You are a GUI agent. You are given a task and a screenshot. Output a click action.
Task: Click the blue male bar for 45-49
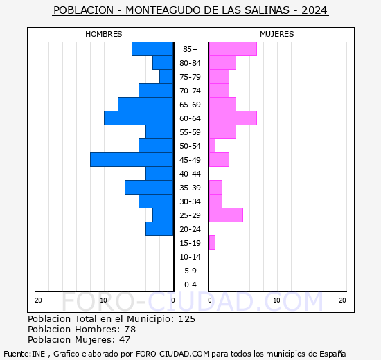(132, 160)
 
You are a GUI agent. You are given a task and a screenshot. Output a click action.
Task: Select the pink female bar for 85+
(233, 49)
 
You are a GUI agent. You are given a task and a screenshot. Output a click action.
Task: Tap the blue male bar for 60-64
(139, 118)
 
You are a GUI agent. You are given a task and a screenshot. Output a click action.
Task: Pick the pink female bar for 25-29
(226, 215)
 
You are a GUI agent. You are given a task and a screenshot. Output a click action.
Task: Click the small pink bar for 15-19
(212, 243)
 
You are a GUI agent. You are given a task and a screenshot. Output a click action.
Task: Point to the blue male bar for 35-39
(149, 188)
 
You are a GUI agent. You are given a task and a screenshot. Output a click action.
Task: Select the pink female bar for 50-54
(212, 146)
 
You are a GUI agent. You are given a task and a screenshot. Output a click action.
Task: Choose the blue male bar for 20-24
(159, 229)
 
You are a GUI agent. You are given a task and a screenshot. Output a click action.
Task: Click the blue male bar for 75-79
(166, 77)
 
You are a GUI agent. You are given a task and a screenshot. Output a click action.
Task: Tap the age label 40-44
(190, 174)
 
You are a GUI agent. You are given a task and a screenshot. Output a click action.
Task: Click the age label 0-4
(190, 285)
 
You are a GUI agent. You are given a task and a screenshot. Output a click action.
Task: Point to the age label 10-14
(190, 257)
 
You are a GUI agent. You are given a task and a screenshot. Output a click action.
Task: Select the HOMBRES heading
(103, 34)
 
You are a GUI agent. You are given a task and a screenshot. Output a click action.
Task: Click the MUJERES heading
(276, 34)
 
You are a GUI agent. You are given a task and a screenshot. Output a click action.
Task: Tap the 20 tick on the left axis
(38, 300)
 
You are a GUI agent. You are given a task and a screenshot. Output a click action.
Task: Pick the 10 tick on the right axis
(276, 300)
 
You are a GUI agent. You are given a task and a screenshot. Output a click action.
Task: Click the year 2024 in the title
(314, 11)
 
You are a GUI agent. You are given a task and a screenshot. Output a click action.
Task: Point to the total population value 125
(186, 319)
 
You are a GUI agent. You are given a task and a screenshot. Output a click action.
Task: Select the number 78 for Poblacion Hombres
(130, 330)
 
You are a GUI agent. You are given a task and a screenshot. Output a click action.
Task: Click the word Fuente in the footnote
(17, 354)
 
